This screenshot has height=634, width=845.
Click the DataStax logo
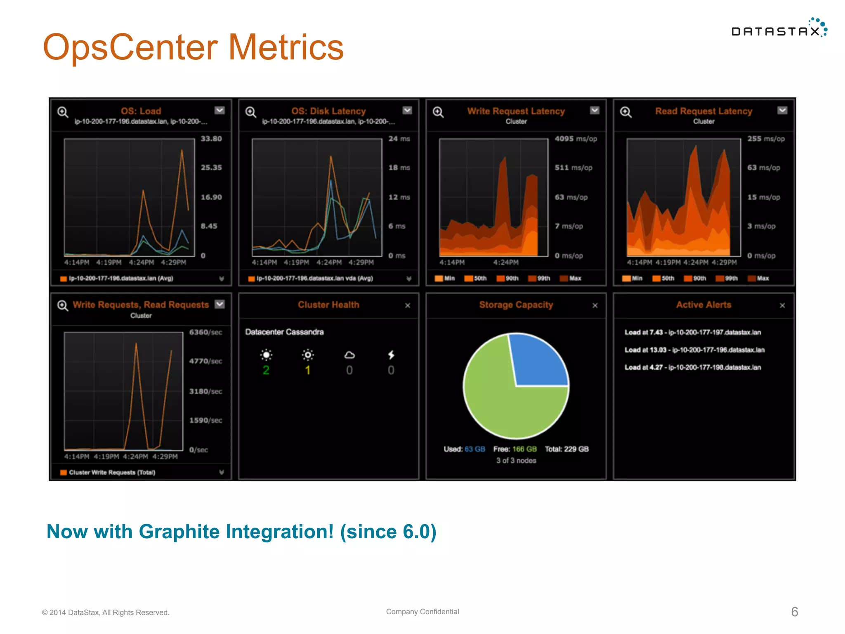[778, 29]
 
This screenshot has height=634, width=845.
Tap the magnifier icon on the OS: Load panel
[63, 112]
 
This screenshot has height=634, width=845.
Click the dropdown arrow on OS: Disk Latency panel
[407, 110]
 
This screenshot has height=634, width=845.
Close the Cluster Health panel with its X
[408, 305]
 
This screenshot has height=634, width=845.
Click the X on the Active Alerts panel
[782, 305]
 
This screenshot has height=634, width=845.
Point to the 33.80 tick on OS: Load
[211, 139]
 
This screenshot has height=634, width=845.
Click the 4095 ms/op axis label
[576, 139]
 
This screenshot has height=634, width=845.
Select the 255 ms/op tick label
[766, 139]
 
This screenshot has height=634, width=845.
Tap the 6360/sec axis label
[205, 332]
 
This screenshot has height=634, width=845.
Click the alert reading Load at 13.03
[694, 350]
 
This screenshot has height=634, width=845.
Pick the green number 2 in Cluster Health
[266, 370]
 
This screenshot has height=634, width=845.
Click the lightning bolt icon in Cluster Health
[391, 355]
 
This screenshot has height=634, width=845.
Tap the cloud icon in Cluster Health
[349, 355]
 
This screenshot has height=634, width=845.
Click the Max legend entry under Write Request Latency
[571, 279]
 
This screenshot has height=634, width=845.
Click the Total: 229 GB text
[566, 449]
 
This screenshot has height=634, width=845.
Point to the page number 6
[795, 612]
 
